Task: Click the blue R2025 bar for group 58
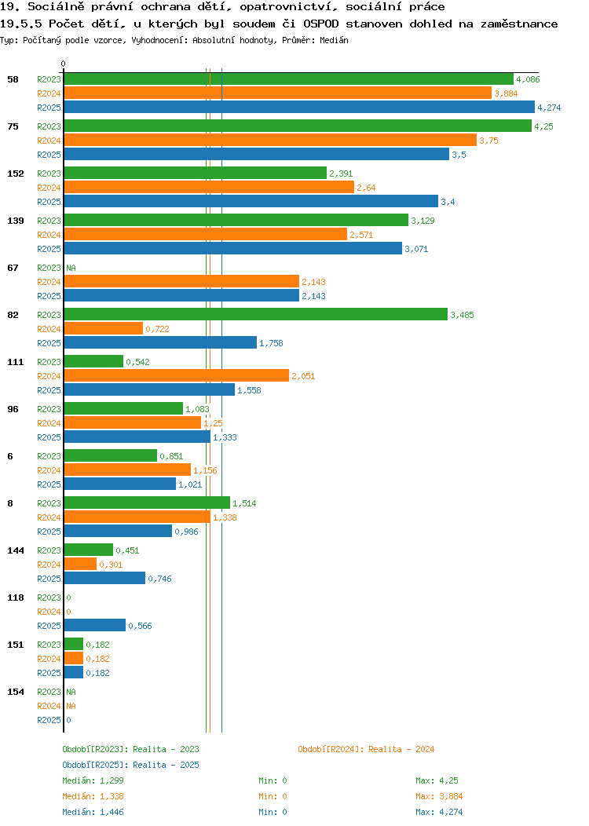click(299, 108)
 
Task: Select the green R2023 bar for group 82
click(256, 315)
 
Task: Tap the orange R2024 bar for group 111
click(177, 375)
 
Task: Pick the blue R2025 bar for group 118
click(95, 625)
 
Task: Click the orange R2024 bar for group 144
click(81, 565)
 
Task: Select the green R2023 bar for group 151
click(74, 645)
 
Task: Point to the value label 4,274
click(549, 108)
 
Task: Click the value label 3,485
click(462, 315)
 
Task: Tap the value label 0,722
click(158, 329)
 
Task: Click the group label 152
click(16, 174)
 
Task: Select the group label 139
click(16, 221)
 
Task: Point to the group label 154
click(16, 692)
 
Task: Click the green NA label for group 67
click(71, 268)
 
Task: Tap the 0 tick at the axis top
click(64, 64)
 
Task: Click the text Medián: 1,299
click(93, 780)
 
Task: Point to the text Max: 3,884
click(439, 796)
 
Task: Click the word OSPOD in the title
click(321, 24)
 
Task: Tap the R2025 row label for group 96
click(49, 437)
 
